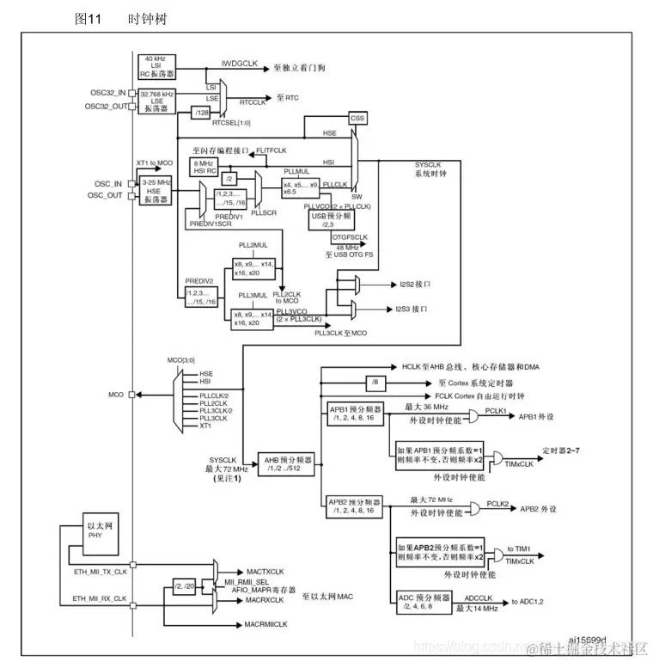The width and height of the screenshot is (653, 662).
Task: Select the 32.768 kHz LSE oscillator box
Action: [156, 101]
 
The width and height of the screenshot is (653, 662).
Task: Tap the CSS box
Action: [358, 118]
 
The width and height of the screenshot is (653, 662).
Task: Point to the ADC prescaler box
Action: [424, 601]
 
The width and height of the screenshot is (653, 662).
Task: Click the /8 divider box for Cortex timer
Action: [375, 381]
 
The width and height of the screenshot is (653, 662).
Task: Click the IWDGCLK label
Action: [240, 64]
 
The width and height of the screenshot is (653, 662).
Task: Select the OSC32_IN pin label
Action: [107, 91]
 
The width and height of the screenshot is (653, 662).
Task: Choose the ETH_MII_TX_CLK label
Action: [101, 571]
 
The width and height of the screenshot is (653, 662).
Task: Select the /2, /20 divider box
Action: [184, 586]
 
